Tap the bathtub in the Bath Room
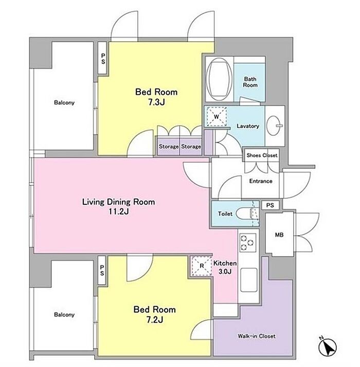[220, 79]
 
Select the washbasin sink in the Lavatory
[274, 126]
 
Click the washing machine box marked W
[217, 116]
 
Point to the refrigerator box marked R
[202, 266]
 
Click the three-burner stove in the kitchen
[247, 243]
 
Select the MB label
[279, 235]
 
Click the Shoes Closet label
[262, 155]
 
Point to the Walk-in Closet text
[257, 336]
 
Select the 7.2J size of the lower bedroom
[154, 320]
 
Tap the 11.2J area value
[118, 212]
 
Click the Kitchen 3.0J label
[225, 267]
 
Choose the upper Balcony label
[64, 102]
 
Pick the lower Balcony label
[64, 314]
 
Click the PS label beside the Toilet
[270, 205]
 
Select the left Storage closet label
[169, 147]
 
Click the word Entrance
[261, 181]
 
